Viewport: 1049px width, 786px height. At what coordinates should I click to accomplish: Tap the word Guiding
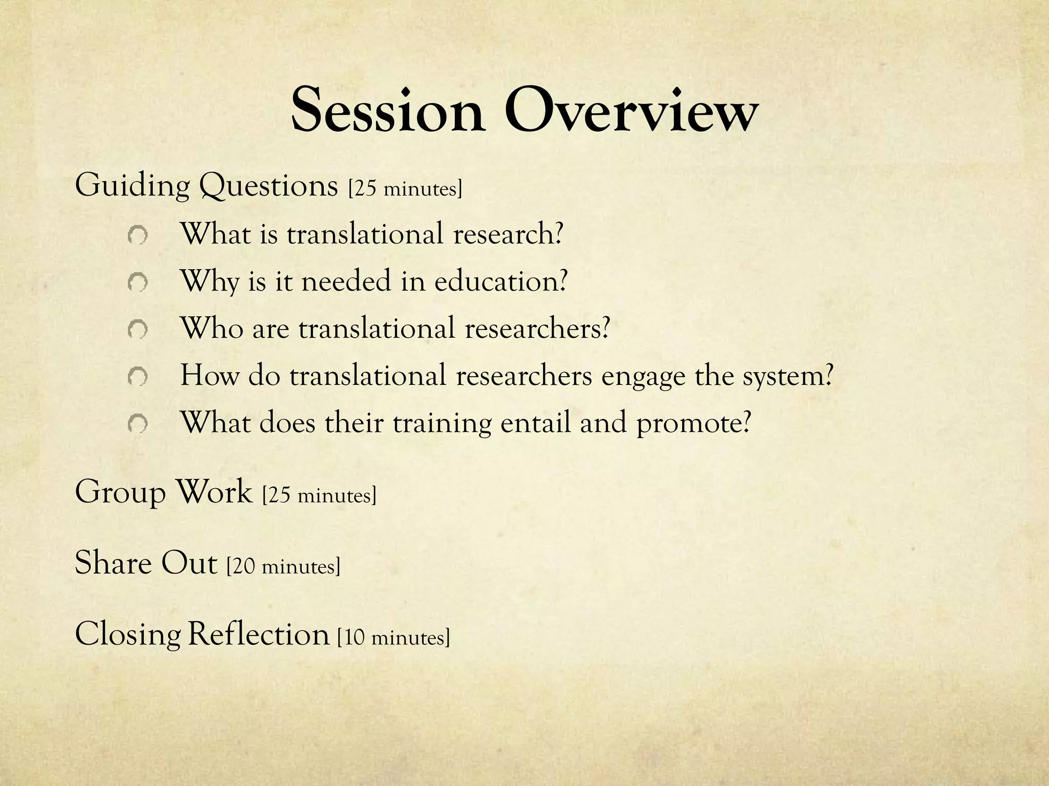[132, 186]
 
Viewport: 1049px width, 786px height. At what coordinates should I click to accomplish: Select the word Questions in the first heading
[268, 186]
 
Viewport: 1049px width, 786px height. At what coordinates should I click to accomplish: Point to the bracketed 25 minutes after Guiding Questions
[405, 188]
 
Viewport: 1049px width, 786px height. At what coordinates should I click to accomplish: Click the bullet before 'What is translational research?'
[138, 236]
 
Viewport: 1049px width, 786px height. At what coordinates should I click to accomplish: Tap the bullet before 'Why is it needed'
[138, 282]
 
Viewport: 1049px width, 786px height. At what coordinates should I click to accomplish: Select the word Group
[120, 493]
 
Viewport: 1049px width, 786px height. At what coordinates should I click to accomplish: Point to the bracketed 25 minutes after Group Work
[319, 495]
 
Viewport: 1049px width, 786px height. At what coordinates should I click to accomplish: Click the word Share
[113, 563]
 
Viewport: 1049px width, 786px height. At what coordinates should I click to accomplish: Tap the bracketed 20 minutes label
[283, 566]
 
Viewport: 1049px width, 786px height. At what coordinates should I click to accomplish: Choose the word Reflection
[258, 635]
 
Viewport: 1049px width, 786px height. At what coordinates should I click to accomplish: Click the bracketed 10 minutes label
[393, 637]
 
